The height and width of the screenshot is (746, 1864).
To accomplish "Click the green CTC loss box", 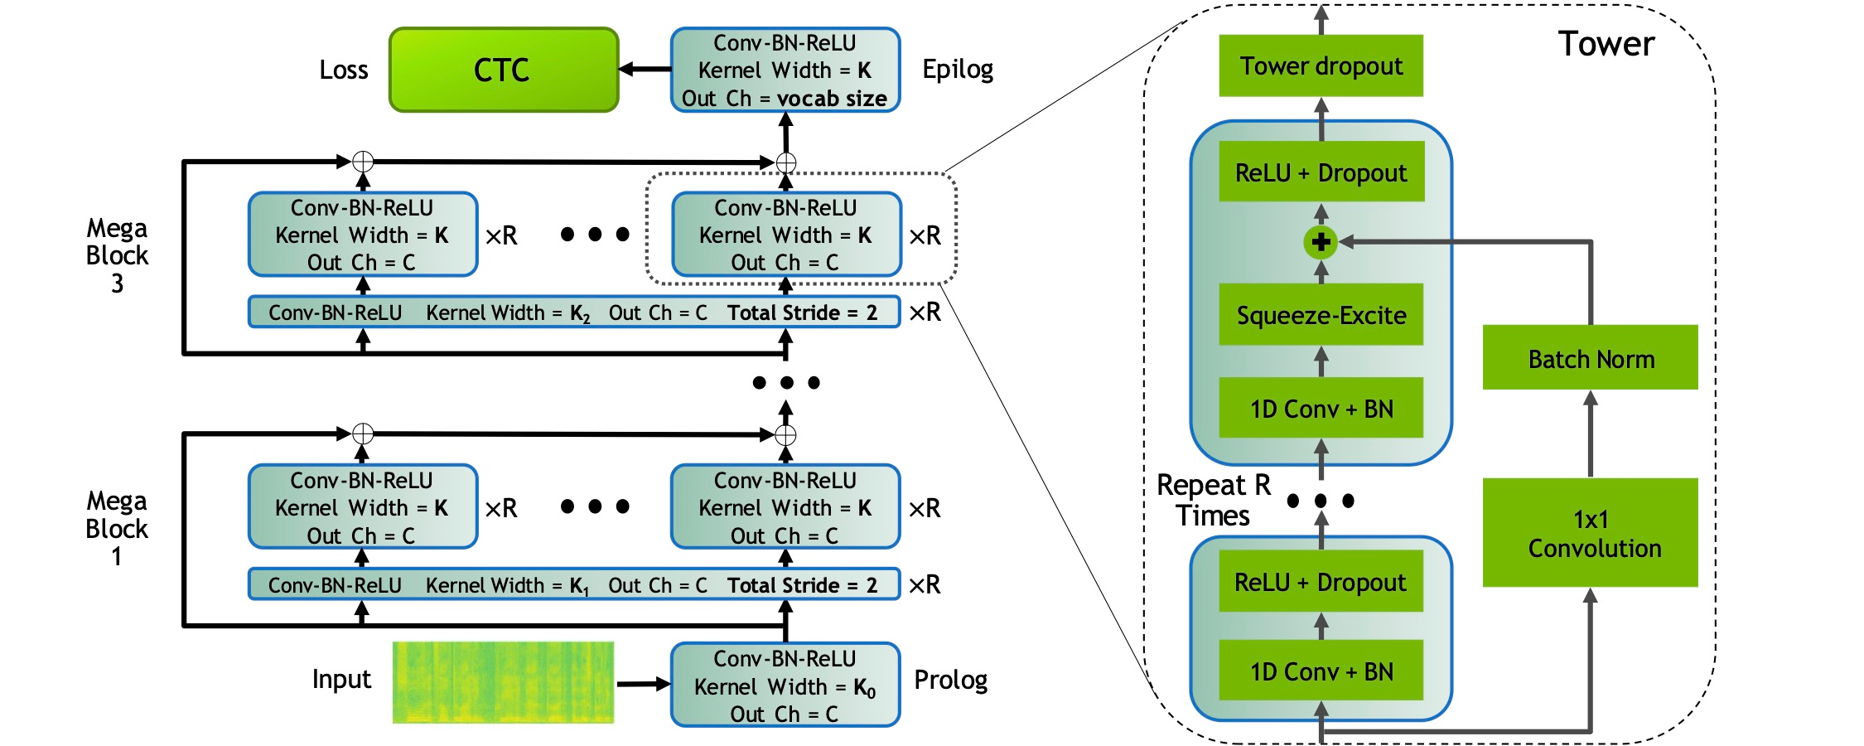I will [x=504, y=70].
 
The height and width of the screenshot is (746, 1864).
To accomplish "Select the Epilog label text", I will [x=958, y=70].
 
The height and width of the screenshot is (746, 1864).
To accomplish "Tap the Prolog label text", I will [x=950, y=681].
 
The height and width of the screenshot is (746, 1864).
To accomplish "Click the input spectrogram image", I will [x=503, y=682].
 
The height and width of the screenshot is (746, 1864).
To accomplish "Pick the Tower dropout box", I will [x=1321, y=65].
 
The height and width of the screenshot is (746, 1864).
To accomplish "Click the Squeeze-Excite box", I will [x=1321, y=315].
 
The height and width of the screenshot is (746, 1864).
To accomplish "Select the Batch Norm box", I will [x=1590, y=358].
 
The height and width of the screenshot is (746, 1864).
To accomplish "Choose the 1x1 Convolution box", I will [x=1590, y=533].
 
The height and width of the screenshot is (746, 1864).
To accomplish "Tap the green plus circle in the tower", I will [x=1321, y=242].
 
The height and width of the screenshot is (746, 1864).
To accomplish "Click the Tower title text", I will [x=1606, y=44].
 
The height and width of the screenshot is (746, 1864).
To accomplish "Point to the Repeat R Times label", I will [x=1213, y=500].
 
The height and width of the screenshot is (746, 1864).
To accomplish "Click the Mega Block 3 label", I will [x=117, y=255].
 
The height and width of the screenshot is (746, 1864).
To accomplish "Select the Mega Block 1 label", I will [x=117, y=528].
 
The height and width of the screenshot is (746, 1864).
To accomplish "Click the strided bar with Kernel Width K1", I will [x=573, y=584].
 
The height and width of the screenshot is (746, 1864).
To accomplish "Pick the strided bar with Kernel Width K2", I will [x=573, y=312].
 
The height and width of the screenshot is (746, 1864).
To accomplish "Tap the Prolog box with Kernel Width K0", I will [x=785, y=685].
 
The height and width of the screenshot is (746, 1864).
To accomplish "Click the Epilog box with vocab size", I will [x=785, y=70].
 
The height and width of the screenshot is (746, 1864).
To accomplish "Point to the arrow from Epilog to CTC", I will [x=645, y=70].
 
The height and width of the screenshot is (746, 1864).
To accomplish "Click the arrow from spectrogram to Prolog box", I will [x=643, y=684].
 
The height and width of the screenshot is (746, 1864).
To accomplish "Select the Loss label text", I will [x=343, y=70].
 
